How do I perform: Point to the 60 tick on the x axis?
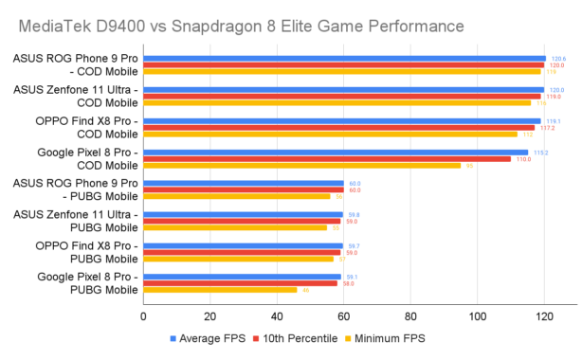(x=343, y=315)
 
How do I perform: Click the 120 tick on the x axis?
(x=543, y=315)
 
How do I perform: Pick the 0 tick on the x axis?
(x=143, y=315)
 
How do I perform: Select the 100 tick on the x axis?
(x=477, y=315)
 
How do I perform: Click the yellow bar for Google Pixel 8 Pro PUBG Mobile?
(x=220, y=289)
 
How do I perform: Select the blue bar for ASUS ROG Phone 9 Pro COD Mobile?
(x=344, y=59)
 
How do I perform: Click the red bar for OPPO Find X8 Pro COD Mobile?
(x=338, y=127)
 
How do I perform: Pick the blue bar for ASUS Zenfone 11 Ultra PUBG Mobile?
(x=243, y=214)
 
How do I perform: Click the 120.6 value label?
(x=558, y=59)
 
